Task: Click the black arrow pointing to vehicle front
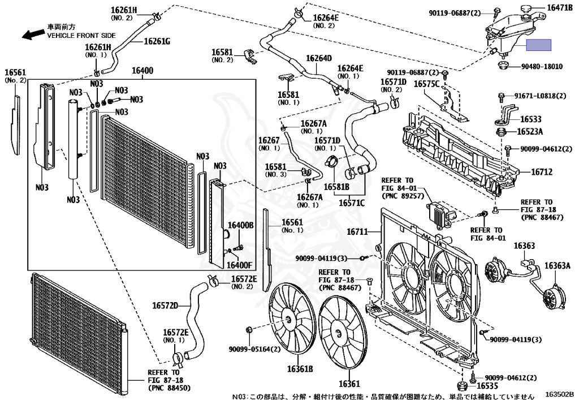[33, 34]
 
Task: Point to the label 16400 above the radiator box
[142, 71]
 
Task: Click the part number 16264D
[319, 58]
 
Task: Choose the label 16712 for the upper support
[541, 171]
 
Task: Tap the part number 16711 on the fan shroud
[357, 231]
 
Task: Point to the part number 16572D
[165, 306]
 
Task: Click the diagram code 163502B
[559, 394]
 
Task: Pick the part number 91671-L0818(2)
[540, 96]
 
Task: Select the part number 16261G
[157, 41]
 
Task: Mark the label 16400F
[240, 264]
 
